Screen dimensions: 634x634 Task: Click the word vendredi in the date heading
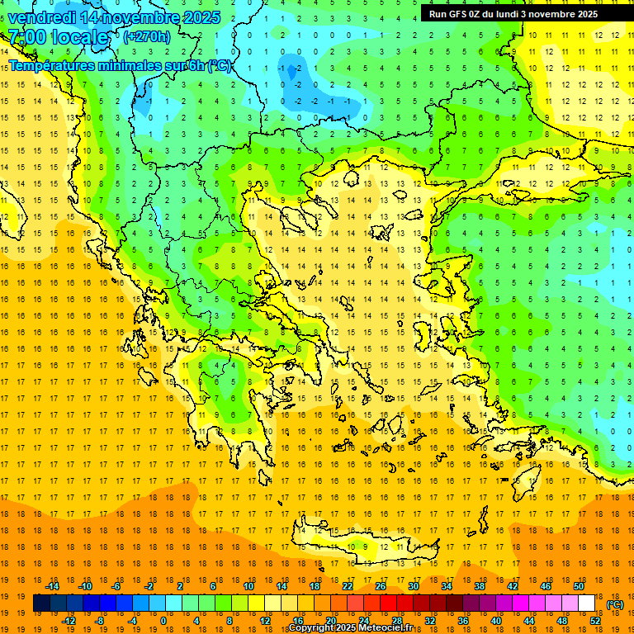pos(42,17)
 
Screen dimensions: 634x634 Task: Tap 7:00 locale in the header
pos(59,37)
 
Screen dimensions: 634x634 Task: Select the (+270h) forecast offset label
pos(147,36)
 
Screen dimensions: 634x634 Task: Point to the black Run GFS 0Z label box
pos(519,13)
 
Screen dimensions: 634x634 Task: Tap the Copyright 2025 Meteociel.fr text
pos(350,627)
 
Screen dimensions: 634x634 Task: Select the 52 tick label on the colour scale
pos(595,620)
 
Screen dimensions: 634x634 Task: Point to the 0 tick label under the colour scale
pos(163,620)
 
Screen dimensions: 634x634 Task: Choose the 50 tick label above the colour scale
pos(579,586)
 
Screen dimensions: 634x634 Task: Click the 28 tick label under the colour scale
pos(396,620)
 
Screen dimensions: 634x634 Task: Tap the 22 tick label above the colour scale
pos(348,586)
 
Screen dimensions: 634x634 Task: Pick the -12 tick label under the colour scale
pos(69,620)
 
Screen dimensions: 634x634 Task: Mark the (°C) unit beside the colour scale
pos(615,603)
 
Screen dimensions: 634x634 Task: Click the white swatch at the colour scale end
pos(586,603)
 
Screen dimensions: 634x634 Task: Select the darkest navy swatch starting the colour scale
pos(41,603)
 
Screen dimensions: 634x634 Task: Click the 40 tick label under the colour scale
pos(496,620)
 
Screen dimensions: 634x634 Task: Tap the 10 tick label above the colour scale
pos(248,586)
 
